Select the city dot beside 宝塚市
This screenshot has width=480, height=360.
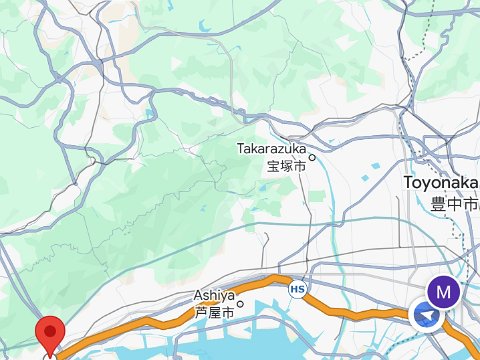click(x=311, y=156)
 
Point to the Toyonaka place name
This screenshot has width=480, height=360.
click(x=440, y=183)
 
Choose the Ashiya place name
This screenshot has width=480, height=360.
click(x=213, y=296)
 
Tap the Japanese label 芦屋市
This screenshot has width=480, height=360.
click(x=213, y=312)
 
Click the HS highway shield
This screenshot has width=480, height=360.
click(x=297, y=289)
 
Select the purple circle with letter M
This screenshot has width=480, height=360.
click(x=443, y=291)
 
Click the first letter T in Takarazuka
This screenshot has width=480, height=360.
click(x=240, y=148)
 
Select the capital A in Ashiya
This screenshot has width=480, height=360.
click(x=197, y=296)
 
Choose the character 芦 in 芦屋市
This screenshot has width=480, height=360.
click(x=200, y=312)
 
